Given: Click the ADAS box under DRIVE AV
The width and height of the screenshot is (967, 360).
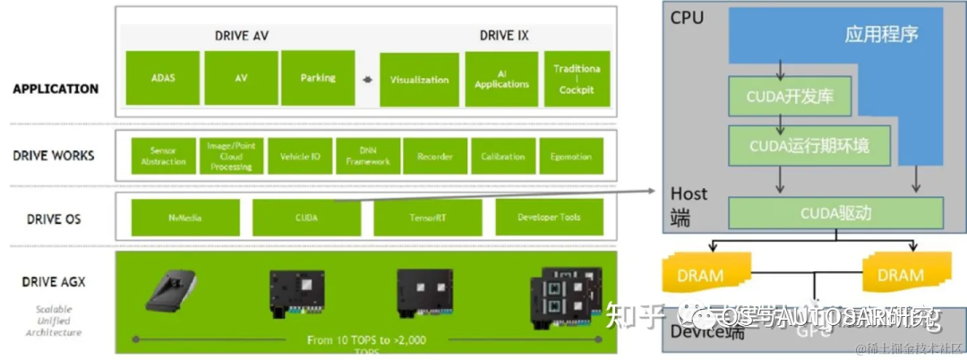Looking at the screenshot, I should (x=163, y=78).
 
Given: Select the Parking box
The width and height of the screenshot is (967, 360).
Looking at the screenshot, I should (x=318, y=78).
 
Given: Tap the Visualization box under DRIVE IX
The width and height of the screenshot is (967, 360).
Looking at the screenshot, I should (x=419, y=80).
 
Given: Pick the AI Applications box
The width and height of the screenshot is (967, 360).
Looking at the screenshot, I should (x=501, y=80).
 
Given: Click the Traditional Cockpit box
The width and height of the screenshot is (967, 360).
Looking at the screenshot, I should (x=577, y=80).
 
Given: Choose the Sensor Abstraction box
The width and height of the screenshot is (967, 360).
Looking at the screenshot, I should (x=163, y=156).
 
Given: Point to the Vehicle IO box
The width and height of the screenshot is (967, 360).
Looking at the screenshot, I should (x=300, y=156).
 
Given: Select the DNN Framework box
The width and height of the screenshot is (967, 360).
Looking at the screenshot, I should (x=368, y=156).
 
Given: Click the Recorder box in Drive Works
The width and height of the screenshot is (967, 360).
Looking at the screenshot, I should (x=434, y=156).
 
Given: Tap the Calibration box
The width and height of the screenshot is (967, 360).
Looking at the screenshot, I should (x=502, y=156).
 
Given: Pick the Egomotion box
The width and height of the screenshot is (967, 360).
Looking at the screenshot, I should (x=570, y=156).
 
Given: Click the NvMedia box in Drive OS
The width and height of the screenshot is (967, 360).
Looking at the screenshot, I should (x=186, y=218).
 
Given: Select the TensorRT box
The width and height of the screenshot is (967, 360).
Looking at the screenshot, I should (x=427, y=218).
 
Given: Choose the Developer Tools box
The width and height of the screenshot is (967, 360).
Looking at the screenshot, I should (x=549, y=218).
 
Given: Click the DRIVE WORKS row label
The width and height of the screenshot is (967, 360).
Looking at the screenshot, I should (x=54, y=155).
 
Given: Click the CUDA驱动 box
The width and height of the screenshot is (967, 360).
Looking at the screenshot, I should (x=835, y=213).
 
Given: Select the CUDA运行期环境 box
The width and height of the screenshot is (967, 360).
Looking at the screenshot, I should (x=809, y=144).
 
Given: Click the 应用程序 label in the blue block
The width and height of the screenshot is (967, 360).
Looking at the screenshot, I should (x=881, y=36).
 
